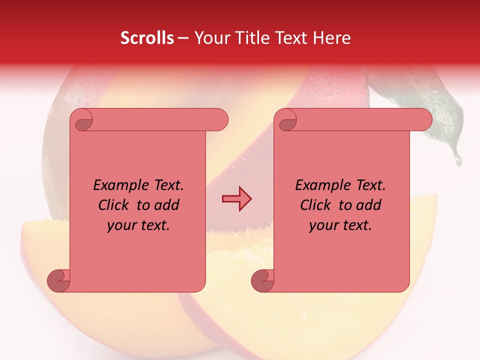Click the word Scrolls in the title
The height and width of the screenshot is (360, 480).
[147, 38]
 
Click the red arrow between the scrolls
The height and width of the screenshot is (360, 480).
[236, 199]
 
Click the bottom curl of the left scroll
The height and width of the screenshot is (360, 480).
[58, 280]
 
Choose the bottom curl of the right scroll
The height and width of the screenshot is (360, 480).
[262, 280]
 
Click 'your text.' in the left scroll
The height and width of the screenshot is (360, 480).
[138, 225]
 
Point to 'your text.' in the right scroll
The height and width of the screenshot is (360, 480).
[340, 225]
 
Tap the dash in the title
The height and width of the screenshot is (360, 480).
[183, 38]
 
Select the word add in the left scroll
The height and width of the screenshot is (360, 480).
[167, 205]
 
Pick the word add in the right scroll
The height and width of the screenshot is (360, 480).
[369, 205]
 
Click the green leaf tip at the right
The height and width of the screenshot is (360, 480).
[456, 159]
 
